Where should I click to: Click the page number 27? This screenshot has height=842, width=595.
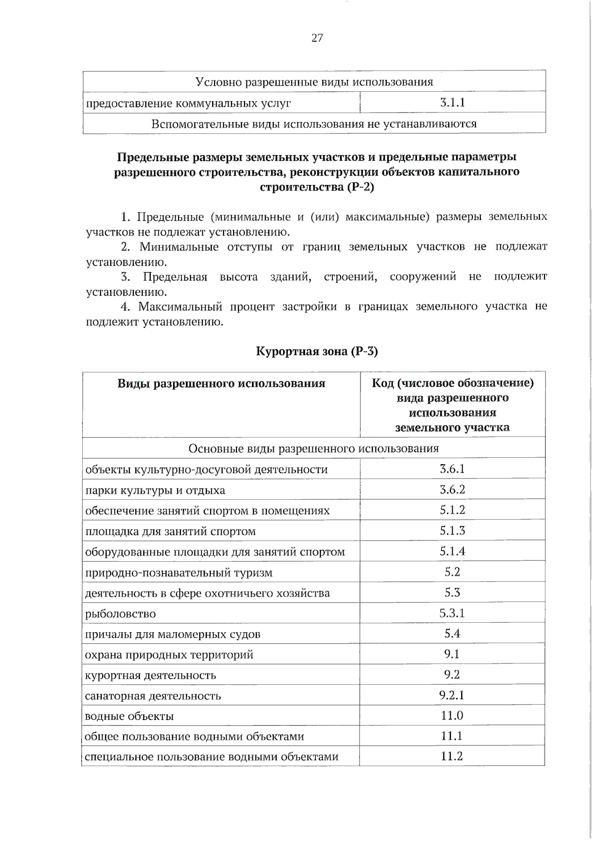click(x=317, y=38)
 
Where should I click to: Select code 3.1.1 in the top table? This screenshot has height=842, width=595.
click(x=452, y=103)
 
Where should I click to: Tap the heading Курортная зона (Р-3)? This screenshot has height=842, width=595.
click(x=317, y=352)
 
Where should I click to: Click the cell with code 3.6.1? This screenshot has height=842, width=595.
click(x=452, y=469)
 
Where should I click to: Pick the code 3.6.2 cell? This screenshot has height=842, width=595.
click(x=452, y=489)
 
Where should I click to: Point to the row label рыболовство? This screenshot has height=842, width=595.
click(x=120, y=614)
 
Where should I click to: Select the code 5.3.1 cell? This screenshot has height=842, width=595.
click(x=452, y=613)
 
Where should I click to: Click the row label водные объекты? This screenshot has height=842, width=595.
click(x=129, y=716)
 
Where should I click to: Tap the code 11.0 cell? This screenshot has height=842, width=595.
click(x=452, y=716)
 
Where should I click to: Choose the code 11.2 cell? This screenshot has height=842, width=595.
click(x=452, y=756)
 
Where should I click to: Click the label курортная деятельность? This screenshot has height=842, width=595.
click(x=151, y=675)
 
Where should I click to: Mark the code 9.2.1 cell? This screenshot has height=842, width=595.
click(x=452, y=695)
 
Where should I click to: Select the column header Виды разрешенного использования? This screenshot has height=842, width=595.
click(x=221, y=383)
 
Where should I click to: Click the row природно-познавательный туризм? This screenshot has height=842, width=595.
click(x=179, y=573)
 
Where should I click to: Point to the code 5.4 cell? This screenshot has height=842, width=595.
click(x=452, y=633)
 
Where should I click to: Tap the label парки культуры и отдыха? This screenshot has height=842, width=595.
click(x=155, y=490)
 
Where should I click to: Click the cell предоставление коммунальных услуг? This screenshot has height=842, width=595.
click(x=188, y=103)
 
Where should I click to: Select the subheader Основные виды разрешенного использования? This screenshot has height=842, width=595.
click(x=314, y=448)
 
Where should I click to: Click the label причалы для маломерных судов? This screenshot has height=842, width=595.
click(x=173, y=634)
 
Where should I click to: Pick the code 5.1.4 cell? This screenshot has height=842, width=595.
click(x=452, y=551)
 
